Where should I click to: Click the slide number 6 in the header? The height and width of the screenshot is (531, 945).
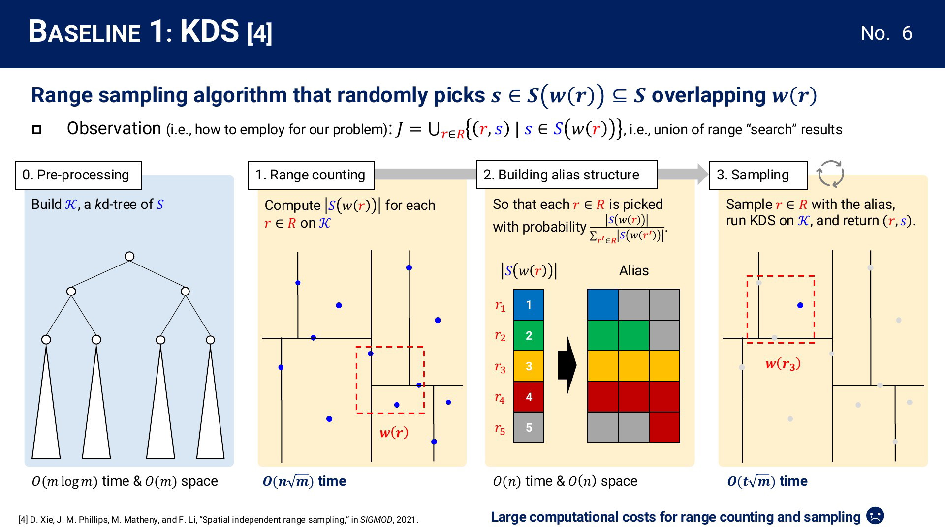907,33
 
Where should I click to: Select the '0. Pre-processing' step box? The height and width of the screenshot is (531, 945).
78,175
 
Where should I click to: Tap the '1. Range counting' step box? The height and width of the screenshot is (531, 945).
311,175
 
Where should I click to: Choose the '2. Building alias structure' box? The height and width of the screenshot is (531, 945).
567,174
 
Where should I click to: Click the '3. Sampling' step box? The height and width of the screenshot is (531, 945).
758,175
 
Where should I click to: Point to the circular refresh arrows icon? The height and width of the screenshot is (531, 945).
830,174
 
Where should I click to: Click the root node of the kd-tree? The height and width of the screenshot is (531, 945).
129,256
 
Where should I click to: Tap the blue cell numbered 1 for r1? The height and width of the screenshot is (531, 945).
529,305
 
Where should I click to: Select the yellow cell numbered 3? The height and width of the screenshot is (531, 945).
529,366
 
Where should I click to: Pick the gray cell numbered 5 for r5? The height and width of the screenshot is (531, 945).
529,427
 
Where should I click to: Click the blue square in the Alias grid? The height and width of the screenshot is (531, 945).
603,305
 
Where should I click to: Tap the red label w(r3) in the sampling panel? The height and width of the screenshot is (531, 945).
783,364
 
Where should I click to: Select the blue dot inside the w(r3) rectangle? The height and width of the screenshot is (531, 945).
800,305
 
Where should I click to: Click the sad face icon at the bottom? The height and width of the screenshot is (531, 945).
875,516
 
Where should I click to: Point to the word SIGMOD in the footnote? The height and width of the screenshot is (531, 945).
377,520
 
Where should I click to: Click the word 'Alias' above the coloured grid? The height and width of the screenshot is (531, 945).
634,271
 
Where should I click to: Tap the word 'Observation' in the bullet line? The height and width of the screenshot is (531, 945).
114,128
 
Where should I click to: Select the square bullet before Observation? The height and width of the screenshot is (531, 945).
36,130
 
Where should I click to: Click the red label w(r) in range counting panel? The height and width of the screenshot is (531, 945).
394,433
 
